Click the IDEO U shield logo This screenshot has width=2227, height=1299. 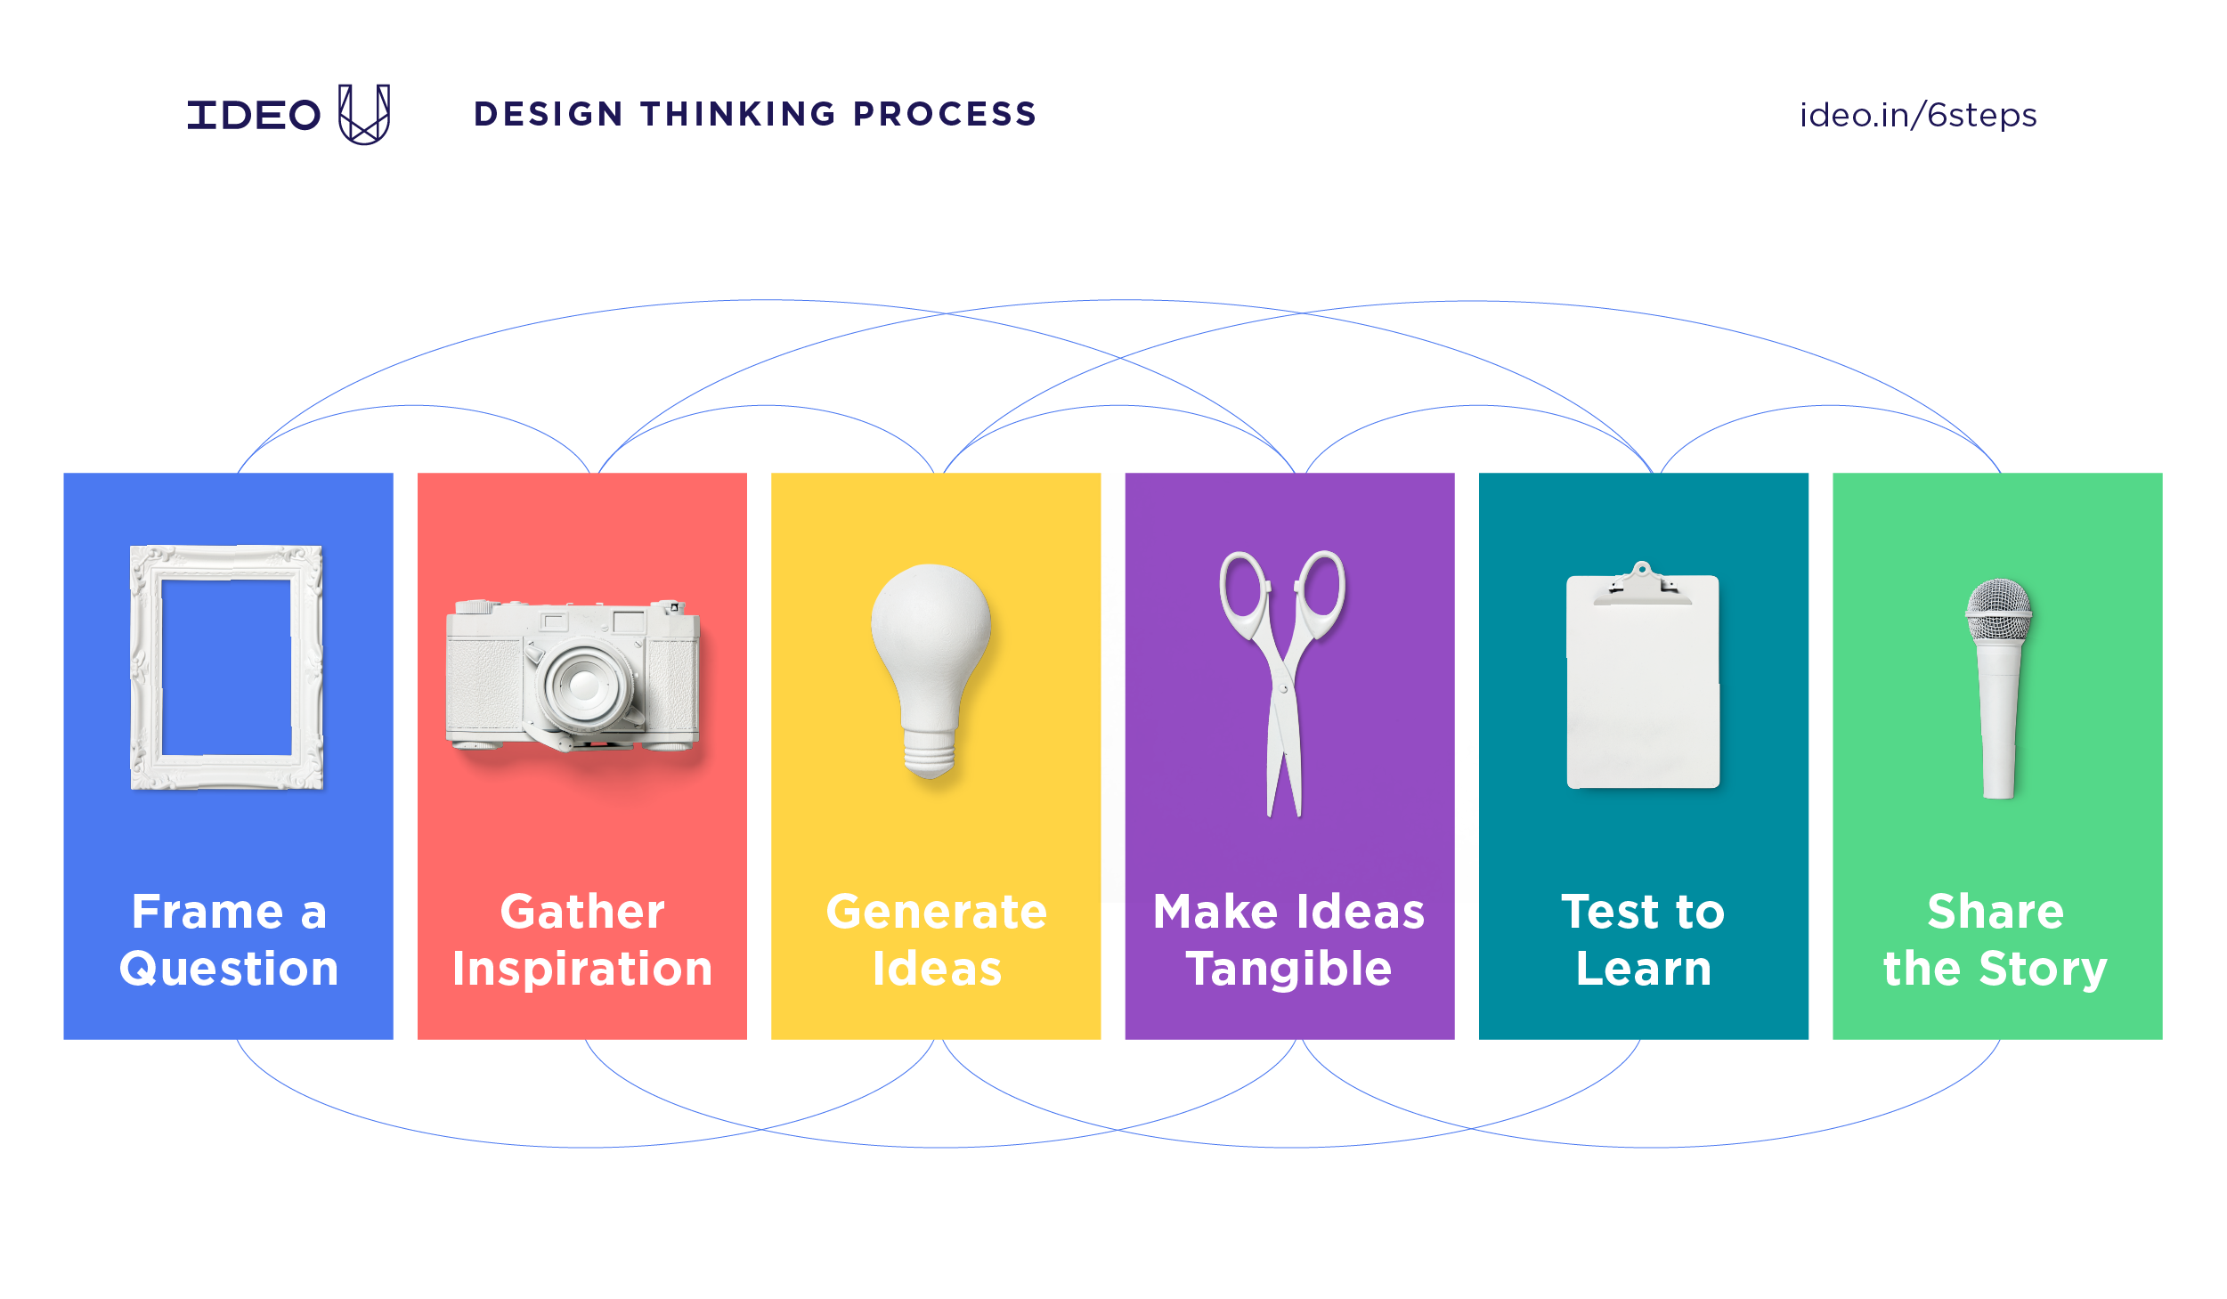tap(364, 115)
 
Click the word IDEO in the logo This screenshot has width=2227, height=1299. tap(254, 116)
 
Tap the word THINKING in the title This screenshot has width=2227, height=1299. tap(738, 114)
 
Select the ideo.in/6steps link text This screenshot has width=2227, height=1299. tap(1917, 116)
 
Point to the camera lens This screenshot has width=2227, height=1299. tap(584, 685)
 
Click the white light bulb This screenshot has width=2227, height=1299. tap(931, 641)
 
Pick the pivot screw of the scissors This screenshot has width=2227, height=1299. tap(1284, 688)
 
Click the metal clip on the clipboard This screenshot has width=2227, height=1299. tap(1643, 585)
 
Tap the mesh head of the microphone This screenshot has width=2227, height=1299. tap(1999, 611)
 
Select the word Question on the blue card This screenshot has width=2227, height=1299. tap(229, 970)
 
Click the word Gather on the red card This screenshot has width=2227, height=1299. tap(582, 913)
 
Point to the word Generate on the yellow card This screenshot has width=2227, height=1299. tap(936, 913)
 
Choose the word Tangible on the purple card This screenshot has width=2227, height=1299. tap(1288, 970)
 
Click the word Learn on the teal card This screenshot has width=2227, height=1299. tap(1643, 970)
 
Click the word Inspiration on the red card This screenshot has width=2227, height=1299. tap(582, 970)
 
